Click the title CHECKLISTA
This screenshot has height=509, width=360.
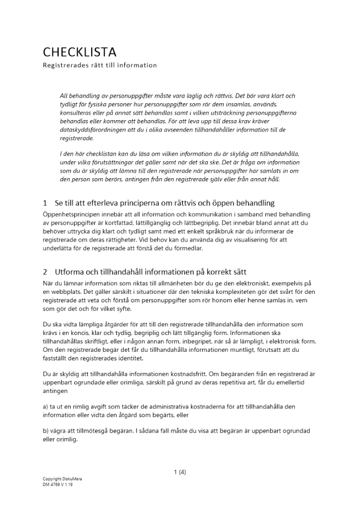(x=79, y=52)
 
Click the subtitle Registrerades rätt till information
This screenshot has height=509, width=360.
(x=100, y=65)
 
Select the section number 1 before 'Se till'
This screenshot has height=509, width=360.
(x=45, y=204)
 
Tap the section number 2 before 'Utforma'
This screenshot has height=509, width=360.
(x=45, y=271)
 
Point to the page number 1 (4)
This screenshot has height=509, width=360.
(x=180, y=472)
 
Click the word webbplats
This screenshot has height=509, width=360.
(x=65, y=291)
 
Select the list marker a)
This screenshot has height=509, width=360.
(x=46, y=407)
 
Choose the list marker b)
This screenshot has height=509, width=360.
(x=46, y=431)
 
